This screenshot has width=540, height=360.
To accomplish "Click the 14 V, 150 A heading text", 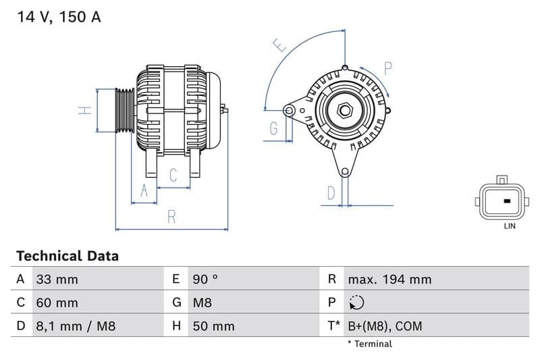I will (59, 18).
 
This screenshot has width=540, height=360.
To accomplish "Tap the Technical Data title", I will (67, 256).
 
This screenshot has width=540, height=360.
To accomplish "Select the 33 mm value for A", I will (57, 279).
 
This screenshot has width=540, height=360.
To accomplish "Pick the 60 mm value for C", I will (57, 303).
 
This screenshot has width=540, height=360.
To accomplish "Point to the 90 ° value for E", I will (205, 279).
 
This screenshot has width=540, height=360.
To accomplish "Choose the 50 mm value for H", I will (213, 326).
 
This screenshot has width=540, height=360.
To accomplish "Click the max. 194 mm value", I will (389, 279).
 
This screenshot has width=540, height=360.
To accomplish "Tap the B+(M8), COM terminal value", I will (384, 326).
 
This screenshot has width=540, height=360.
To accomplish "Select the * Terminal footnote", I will (369, 344).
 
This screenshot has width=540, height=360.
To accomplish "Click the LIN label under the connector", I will (509, 226).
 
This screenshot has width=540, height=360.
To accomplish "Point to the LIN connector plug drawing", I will (501, 200).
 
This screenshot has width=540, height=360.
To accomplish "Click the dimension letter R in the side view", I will (171, 217).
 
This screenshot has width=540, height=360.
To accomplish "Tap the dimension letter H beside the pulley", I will (84, 110).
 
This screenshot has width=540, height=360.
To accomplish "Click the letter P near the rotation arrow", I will (388, 68).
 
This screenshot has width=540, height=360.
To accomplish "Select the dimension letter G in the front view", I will (273, 128).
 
